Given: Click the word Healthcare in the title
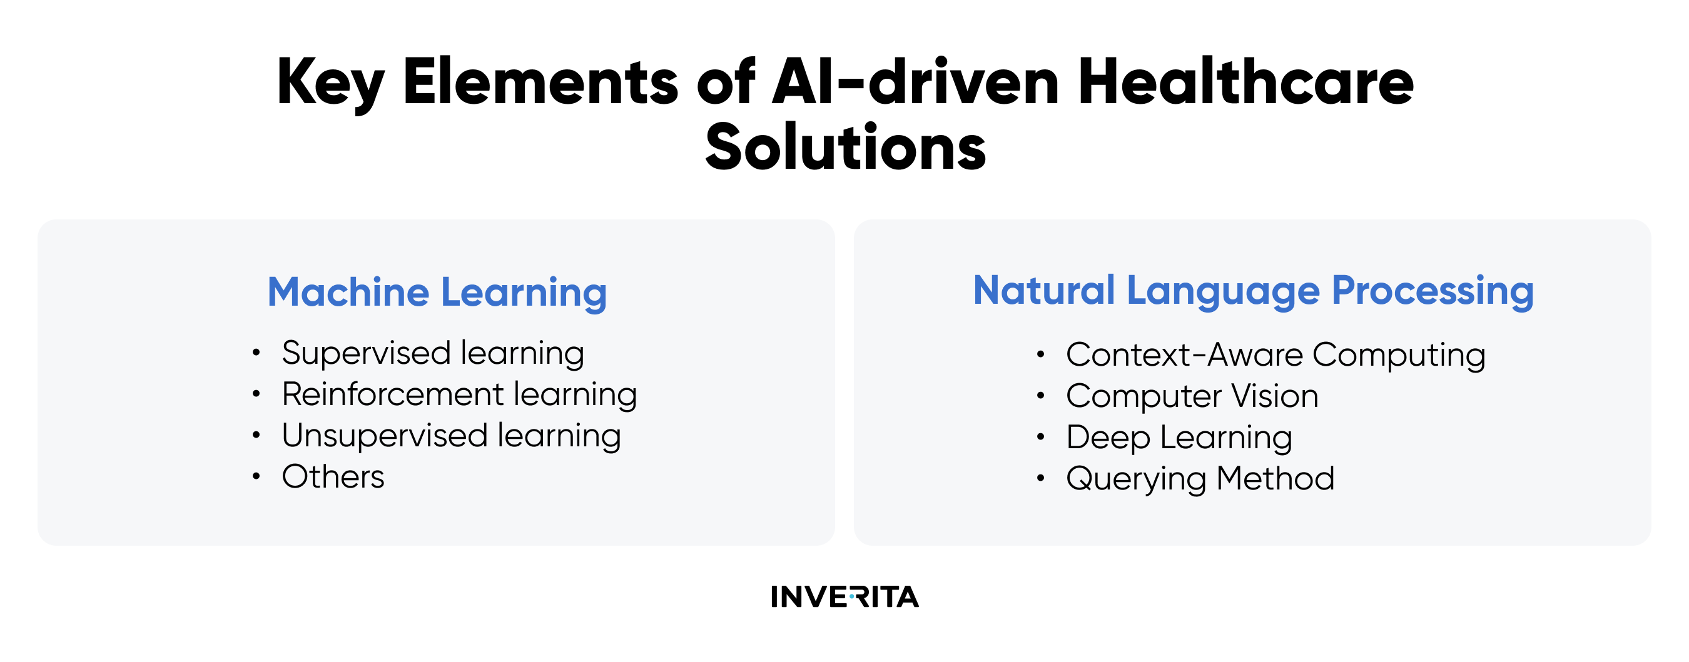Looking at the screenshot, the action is (x=1245, y=81).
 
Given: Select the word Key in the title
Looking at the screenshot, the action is (x=330, y=86).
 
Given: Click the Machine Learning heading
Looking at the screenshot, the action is (x=437, y=293).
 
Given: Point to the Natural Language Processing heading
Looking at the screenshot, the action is (x=1253, y=292).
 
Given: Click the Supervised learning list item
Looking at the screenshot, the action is (x=434, y=354).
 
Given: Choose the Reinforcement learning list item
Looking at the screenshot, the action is (x=460, y=395).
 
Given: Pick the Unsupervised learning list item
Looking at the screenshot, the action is (x=452, y=436).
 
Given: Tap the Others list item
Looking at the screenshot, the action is (x=333, y=476).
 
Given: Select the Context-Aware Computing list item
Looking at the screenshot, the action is (x=1276, y=355).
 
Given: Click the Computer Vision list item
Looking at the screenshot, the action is (x=1192, y=396).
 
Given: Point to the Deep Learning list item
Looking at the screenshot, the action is (x=1179, y=438).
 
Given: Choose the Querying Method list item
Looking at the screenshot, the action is (x=1200, y=479).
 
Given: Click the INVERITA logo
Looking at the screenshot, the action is (x=844, y=596).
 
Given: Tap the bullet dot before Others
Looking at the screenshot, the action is (x=256, y=476).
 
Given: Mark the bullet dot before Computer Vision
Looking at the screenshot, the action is (x=1040, y=396).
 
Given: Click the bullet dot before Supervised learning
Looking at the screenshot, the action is (x=256, y=353).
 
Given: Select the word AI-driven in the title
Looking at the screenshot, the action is (x=916, y=81).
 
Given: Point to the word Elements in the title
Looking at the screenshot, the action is (x=540, y=81).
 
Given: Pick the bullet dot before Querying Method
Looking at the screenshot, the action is (x=1040, y=478).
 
